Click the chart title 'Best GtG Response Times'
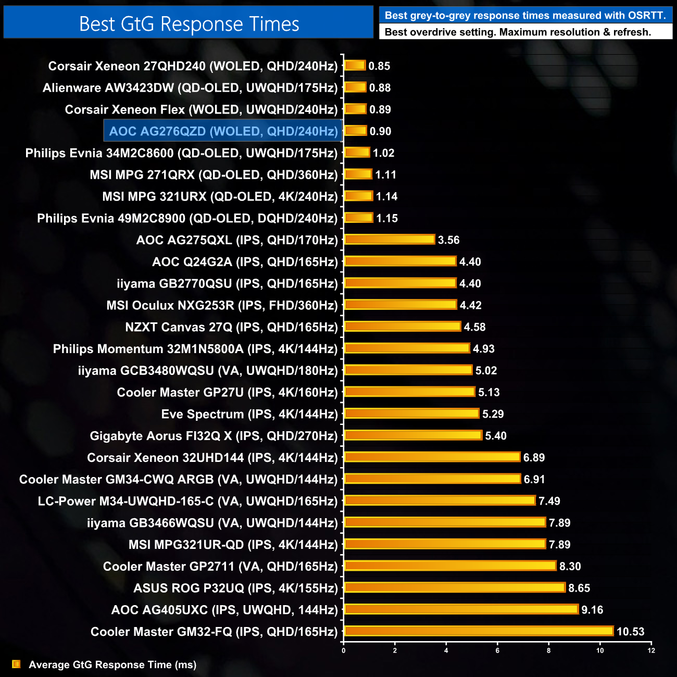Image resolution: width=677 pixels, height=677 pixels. pyautogui.click(x=189, y=24)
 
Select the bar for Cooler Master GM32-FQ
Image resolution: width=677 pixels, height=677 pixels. pyautogui.click(x=479, y=631)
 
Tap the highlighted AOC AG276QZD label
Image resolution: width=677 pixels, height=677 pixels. pyautogui.click(x=223, y=131)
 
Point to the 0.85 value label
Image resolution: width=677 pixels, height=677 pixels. pyautogui.click(x=379, y=66)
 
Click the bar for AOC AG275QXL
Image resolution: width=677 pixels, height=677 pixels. pyautogui.click(x=390, y=240)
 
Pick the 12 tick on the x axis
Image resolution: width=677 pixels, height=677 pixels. pyautogui.click(x=651, y=650)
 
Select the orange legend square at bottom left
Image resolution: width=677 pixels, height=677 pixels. pyautogui.click(x=16, y=664)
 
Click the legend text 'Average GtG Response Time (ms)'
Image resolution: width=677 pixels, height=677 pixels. pyautogui.click(x=112, y=665)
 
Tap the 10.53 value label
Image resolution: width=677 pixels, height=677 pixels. pyautogui.click(x=630, y=632)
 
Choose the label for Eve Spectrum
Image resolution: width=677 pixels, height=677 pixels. pyautogui.click(x=249, y=414)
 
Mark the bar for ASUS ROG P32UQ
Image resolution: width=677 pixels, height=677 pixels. pyautogui.click(x=455, y=587)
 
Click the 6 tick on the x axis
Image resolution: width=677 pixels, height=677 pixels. pyautogui.click(x=497, y=650)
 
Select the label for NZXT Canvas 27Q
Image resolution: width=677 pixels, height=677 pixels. pyautogui.click(x=231, y=327)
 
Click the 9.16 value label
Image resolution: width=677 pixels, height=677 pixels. pyautogui.click(x=592, y=610)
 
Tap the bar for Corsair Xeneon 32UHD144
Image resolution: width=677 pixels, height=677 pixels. pyautogui.click(x=432, y=457)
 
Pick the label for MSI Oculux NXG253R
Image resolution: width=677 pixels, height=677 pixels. pyautogui.click(x=222, y=305)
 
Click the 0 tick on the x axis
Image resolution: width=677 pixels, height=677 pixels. pyautogui.click(x=344, y=650)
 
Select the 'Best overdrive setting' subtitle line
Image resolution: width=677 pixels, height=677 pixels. pyautogui.click(x=518, y=32)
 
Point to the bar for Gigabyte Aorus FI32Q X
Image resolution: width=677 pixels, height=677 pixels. pyautogui.click(x=413, y=435)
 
